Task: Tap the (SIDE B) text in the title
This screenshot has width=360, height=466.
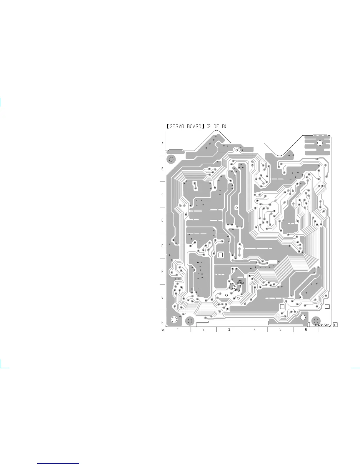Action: pyautogui.click(x=216, y=127)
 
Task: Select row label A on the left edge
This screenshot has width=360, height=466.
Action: pyautogui.click(x=162, y=144)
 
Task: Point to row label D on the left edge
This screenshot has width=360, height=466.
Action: pyautogui.click(x=162, y=220)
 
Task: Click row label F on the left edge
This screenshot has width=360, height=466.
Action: pyautogui.click(x=162, y=272)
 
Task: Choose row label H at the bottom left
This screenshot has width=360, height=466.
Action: pyautogui.click(x=162, y=323)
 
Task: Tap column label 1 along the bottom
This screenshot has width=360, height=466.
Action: pyautogui.click(x=178, y=329)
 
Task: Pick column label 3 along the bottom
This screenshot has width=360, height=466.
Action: pyautogui.click(x=229, y=329)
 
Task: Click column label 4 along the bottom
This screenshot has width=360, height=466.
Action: pyautogui.click(x=255, y=329)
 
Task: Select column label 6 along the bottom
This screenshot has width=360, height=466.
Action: pyautogui.click(x=306, y=329)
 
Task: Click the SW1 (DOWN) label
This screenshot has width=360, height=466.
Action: pyautogui.click(x=240, y=282)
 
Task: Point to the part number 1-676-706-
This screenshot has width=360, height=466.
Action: pyautogui.click(x=322, y=325)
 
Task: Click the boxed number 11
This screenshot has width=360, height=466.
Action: pyautogui.click(x=335, y=325)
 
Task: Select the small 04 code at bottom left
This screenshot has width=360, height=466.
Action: pyautogui.click(x=163, y=330)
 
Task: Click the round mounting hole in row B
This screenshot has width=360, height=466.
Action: pyautogui.click(x=171, y=159)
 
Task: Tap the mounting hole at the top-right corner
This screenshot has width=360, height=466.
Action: pyautogui.click(x=320, y=143)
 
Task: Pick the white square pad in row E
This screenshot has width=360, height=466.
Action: pyautogui.click(x=221, y=255)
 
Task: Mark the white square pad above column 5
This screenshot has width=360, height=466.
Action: pyautogui.click(x=282, y=307)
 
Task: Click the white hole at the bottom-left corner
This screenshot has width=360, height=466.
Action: pyautogui.click(x=174, y=319)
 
